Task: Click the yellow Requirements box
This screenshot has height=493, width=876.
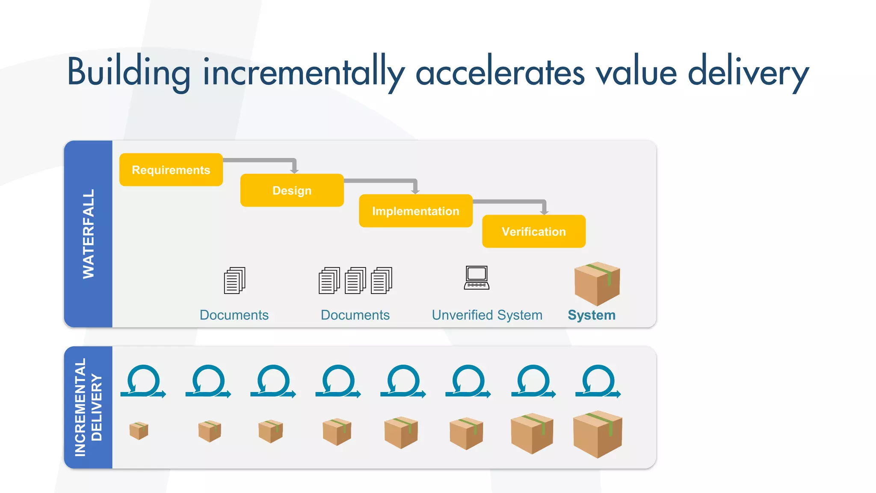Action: coord(171,170)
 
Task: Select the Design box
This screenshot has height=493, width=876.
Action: coord(292,190)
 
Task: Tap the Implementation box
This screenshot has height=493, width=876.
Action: coord(415,211)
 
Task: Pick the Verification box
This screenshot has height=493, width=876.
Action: coord(533,232)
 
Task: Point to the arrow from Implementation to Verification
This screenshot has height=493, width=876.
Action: coord(513,202)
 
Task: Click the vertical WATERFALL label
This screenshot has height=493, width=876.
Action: coord(88,234)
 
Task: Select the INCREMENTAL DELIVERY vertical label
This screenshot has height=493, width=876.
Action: coord(88,407)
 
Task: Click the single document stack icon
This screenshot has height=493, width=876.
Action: coord(234,281)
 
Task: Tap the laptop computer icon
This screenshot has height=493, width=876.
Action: coord(476,278)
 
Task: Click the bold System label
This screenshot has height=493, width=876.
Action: coord(591,315)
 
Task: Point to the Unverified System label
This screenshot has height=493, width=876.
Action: coord(487,315)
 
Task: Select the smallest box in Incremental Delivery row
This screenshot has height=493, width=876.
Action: coord(139,431)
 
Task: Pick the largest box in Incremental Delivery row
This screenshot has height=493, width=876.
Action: coord(597,434)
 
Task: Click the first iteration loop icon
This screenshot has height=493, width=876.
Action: coord(143,382)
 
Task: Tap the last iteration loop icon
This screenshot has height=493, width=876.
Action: coord(598,382)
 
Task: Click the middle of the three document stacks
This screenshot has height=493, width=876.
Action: coord(355,281)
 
